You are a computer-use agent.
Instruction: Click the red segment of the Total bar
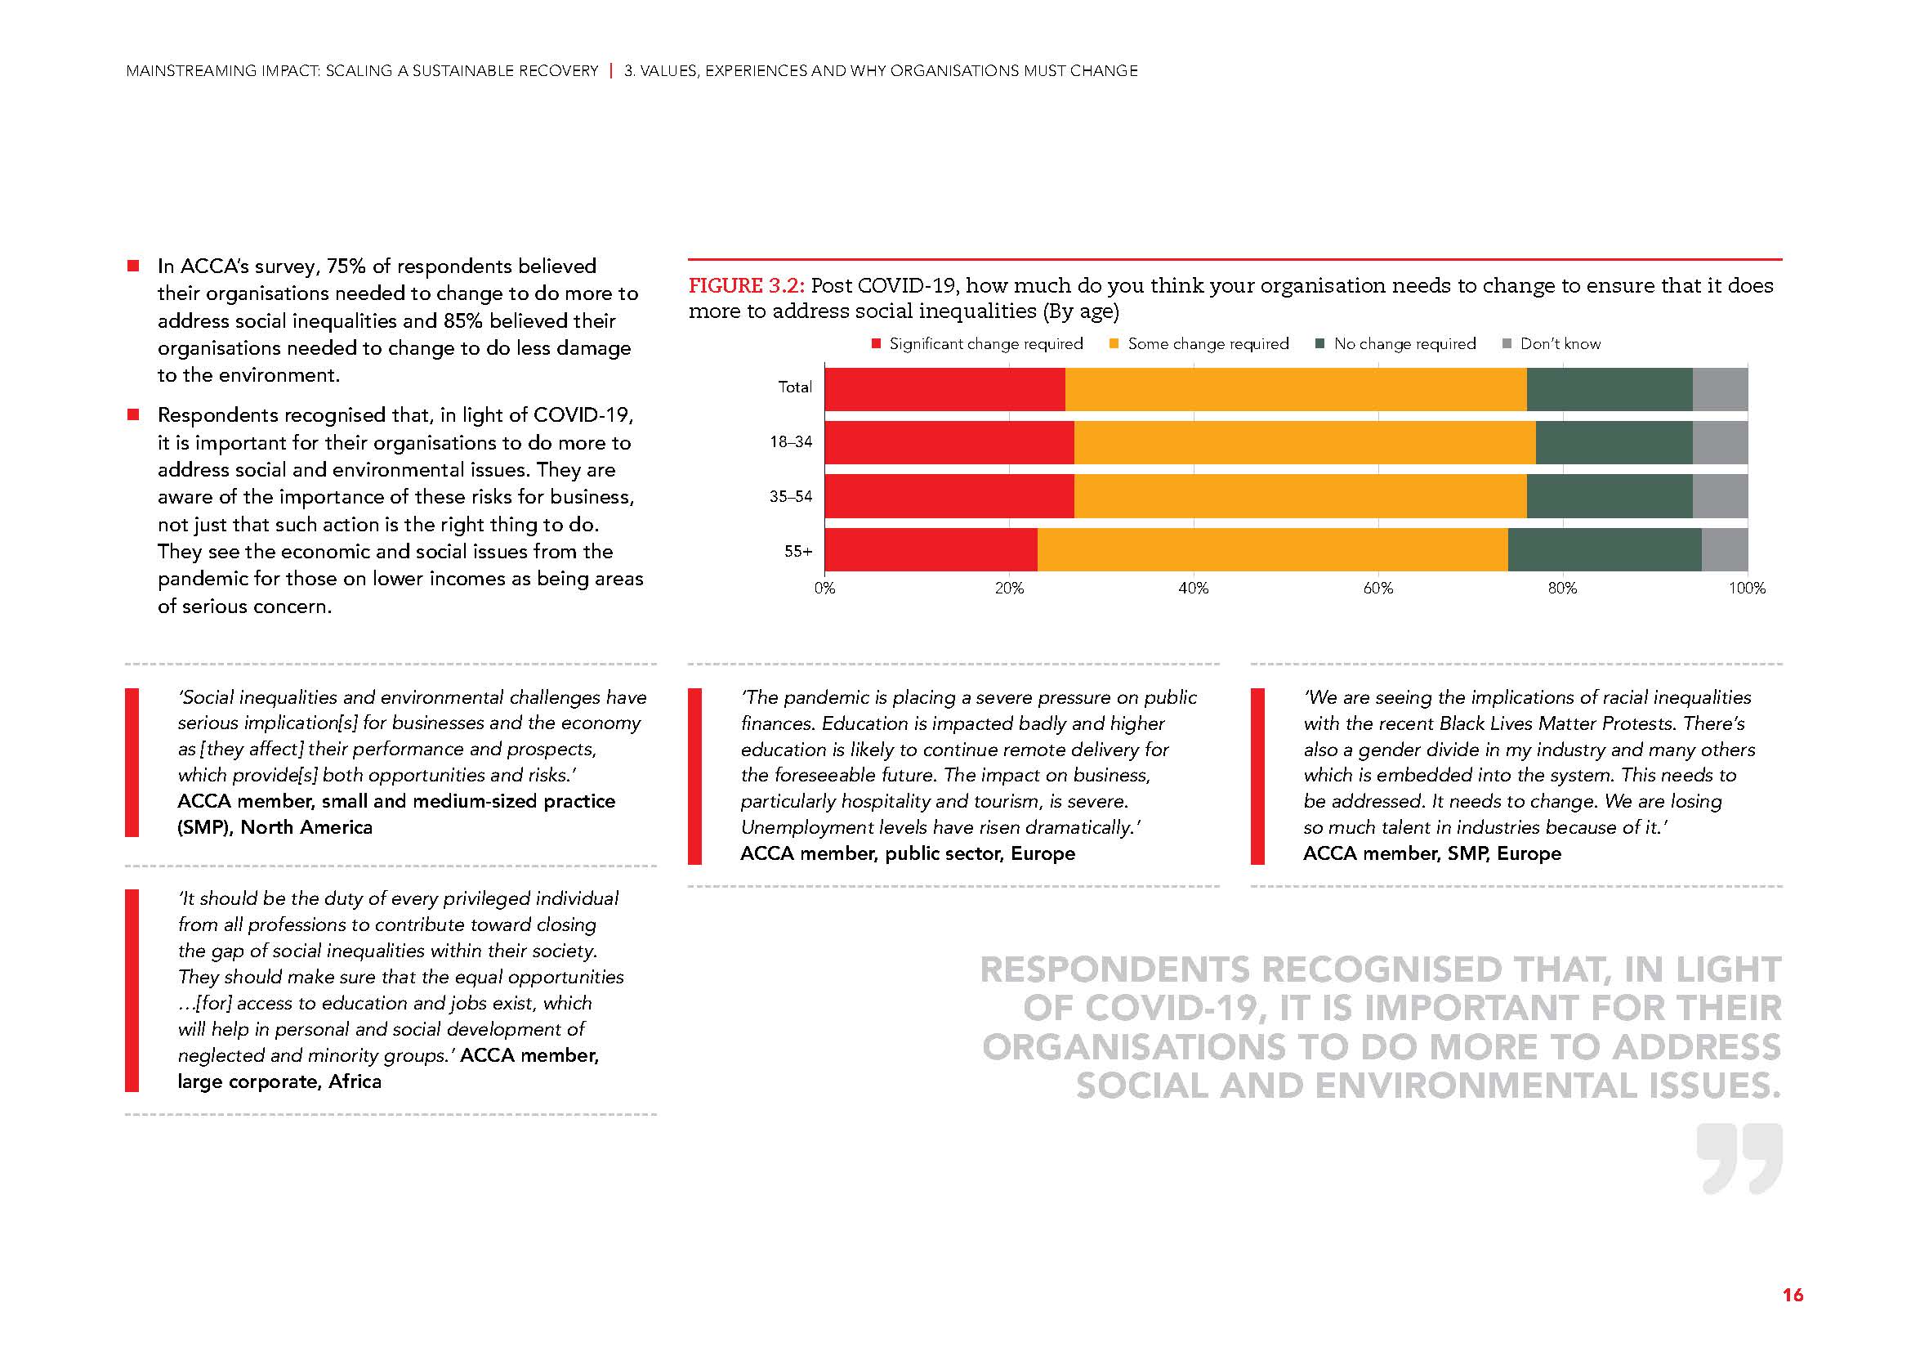point(944,389)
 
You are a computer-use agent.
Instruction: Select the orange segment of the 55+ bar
point(1272,549)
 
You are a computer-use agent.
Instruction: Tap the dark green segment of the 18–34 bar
point(1613,442)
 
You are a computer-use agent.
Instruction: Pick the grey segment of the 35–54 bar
point(1720,496)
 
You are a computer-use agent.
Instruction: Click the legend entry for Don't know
point(1559,344)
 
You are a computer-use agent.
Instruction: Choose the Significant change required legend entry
point(985,344)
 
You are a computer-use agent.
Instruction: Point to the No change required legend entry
point(1404,344)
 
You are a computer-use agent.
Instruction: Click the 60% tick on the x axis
point(1377,588)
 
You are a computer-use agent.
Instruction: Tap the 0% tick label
point(825,588)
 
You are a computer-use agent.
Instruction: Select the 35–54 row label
point(790,497)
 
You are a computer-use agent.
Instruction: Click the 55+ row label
point(797,551)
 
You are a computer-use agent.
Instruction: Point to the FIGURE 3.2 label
point(746,286)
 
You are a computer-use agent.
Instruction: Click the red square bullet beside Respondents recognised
point(132,414)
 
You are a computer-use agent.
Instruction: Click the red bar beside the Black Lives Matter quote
point(1257,776)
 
